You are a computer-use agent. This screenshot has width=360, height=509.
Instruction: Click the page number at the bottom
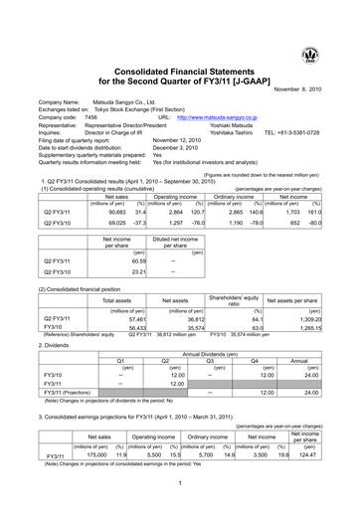[x=180, y=485]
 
